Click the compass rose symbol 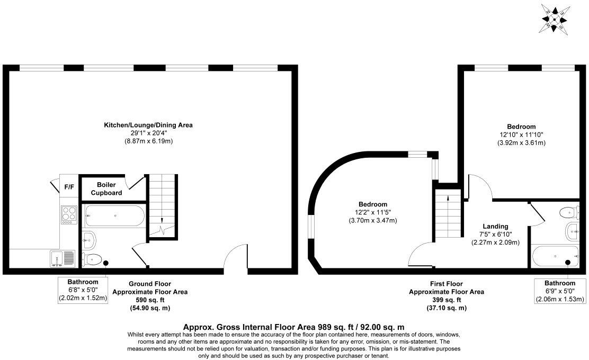coord(555,20)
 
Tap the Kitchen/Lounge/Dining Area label coord(148,125)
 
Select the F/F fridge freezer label coord(69,187)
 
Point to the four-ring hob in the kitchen coord(69,214)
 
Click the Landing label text coord(495,227)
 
